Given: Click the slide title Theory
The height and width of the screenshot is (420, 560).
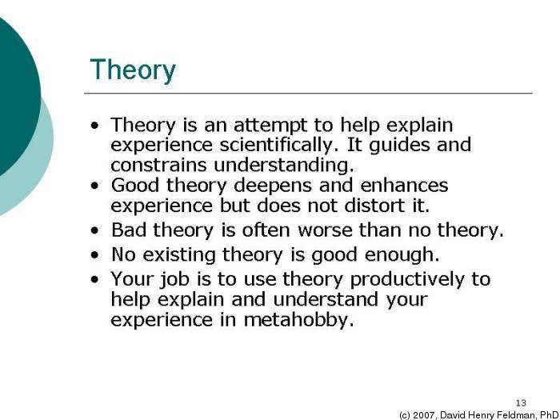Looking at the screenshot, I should tap(132, 70).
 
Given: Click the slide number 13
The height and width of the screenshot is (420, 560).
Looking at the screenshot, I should tap(521, 402).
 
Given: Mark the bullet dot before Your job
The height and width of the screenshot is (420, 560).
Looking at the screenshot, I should tap(96, 280).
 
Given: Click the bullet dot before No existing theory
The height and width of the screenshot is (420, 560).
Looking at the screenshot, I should tap(96, 256).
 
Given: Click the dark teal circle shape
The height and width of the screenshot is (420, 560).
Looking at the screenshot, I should tap(12, 88).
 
